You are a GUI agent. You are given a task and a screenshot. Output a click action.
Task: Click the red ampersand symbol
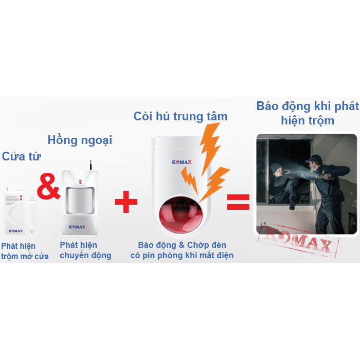point(48,186)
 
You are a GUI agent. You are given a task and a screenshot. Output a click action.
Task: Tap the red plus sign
point(126,202)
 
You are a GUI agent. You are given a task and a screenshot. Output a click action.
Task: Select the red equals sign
point(238,202)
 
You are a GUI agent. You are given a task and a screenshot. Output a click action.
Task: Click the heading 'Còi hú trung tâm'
point(181,116)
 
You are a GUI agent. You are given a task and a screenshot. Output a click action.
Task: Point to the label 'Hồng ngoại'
point(80,140)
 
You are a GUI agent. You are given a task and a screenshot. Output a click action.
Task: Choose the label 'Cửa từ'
point(22,157)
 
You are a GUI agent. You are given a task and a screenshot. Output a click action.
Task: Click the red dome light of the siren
point(182,216)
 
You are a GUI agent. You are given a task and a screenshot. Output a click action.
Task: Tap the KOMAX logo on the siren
point(182,162)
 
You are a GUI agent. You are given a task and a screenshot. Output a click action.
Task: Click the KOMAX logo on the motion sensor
point(77,227)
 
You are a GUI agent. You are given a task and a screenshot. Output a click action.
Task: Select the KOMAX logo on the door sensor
point(15,231)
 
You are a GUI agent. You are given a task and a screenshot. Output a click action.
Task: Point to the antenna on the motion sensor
point(91,165)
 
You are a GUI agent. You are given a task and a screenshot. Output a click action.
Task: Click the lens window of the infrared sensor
point(80,201)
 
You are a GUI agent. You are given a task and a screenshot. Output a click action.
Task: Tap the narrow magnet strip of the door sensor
point(32,215)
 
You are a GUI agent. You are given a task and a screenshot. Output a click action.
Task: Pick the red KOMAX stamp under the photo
point(298,241)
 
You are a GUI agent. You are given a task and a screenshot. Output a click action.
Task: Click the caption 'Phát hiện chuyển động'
point(85,250)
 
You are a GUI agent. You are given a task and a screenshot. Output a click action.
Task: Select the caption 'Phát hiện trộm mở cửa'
point(25,251)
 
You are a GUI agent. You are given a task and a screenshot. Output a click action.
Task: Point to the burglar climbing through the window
point(282,184)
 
